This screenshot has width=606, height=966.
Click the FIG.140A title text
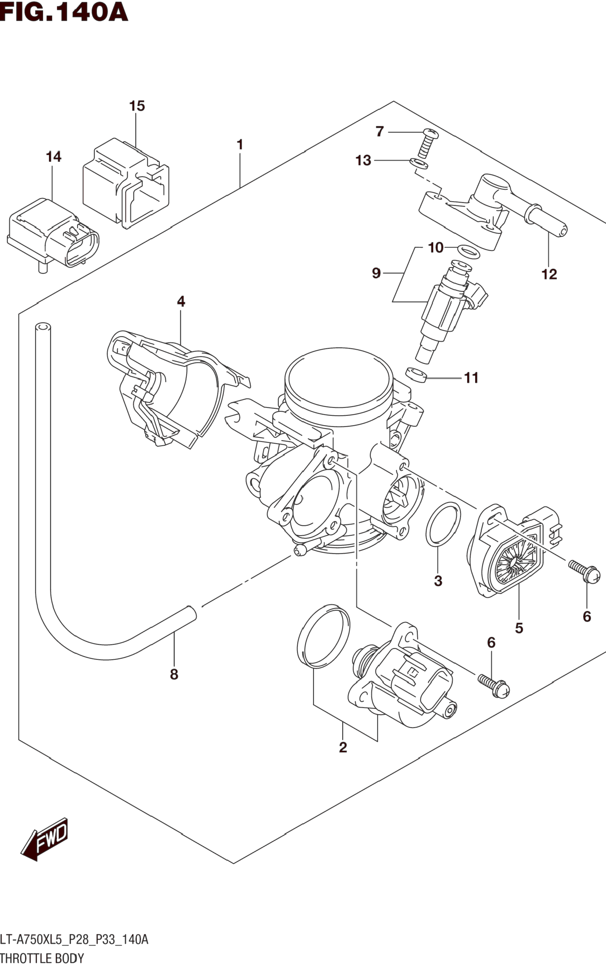64,12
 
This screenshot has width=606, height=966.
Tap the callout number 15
137,106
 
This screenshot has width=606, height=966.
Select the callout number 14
54,156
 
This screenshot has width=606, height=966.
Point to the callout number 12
549,274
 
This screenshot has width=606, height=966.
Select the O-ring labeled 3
443,524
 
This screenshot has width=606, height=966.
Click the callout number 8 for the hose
174,674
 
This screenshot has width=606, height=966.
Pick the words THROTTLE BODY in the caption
42,958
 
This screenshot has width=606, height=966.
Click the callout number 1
240,144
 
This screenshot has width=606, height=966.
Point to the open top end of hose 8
43,327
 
